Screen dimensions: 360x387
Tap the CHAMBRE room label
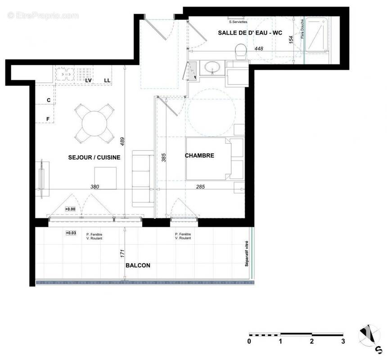[199, 156]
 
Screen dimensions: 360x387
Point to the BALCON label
[138, 265]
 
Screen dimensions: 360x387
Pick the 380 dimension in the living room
[94, 187]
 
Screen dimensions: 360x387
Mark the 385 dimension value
[164, 157]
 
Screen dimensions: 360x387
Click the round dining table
[94, 122]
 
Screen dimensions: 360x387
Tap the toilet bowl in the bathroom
[241, 51]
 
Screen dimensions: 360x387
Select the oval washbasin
[211, 68]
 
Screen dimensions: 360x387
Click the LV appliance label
[89, 81]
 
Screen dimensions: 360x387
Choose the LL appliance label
[107, 81]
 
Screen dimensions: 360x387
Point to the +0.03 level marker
[71, 233]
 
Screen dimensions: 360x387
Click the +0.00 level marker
[70, 209]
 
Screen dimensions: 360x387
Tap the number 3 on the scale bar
[343, 341]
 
